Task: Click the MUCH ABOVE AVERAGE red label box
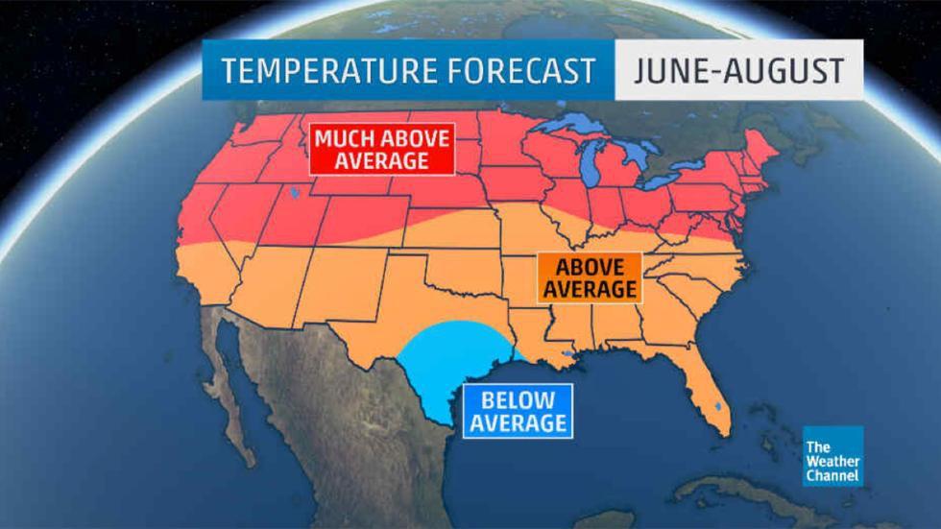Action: click(x=381, y=149)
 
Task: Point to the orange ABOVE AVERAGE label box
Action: click(x=588, y=277)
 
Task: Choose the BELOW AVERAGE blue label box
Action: click(x=518, y=411)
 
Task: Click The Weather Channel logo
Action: click(x=832, y=457)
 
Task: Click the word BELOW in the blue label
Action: click(x=518, y=399)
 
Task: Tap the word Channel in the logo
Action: click(x=832, y=475)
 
